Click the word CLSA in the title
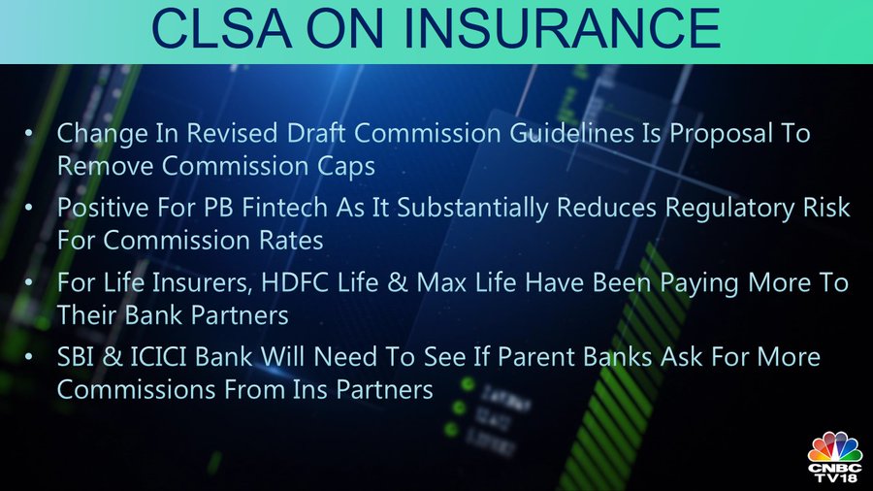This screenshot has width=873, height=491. click(x=221, y=29)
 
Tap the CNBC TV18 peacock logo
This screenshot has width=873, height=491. click(x=834, y=456)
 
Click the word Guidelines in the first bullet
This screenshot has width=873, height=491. click(x=571, y=133)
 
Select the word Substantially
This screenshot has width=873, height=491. click(x=472, y=209)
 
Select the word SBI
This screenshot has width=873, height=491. click(x=75, y=357)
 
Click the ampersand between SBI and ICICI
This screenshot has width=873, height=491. click(x=112, y=357)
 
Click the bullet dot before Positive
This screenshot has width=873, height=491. click(x=28, y=208)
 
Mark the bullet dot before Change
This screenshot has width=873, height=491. click(x=28, y=133)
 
